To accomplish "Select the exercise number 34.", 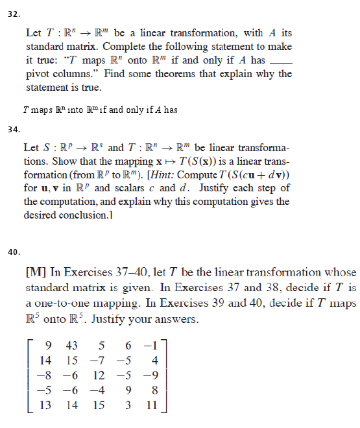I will point(13,130).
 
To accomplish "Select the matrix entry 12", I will point(98,375).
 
